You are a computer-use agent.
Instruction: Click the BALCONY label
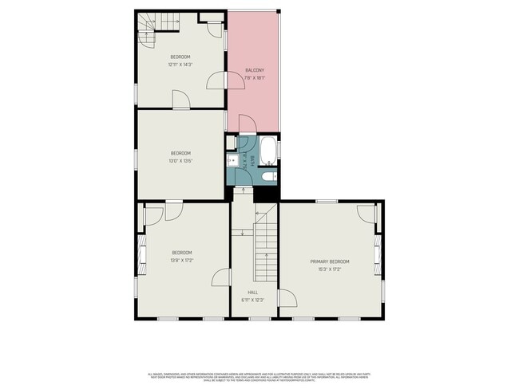tap(255, 71)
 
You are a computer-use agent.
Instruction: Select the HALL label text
tap(252, 292)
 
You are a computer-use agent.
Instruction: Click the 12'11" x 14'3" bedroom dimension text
tap(180, 65)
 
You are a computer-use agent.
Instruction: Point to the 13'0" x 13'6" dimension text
tap(180, 161)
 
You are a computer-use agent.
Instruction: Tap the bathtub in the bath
tap(268, 149)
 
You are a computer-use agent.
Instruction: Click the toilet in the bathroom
tap(269, 176)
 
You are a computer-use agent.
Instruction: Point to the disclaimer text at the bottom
tap(259, 376)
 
